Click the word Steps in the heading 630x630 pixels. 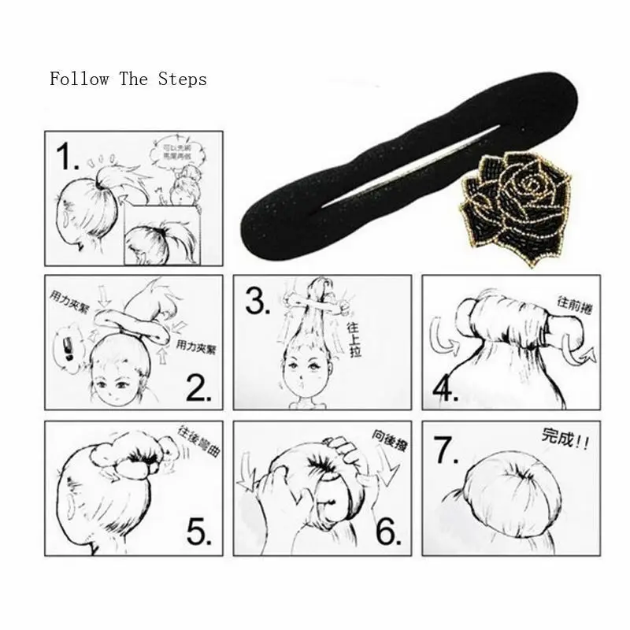tap(182, 80)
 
